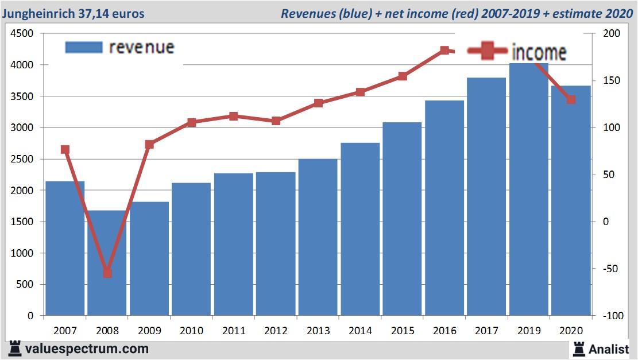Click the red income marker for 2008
point(107,273)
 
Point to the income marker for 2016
point(444,51)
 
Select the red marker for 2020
point(571,100)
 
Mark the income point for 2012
point(276,121)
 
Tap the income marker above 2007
point(65,150)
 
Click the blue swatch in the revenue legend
point(83,47)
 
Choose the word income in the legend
point(539,53)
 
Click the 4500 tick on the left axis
point(23,34)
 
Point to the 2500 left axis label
point(23,159)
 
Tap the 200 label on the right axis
point(611,34)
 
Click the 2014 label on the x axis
point(360,331)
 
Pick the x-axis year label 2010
point(191,331)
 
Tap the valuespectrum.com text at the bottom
point(86,349)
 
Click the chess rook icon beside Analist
point(578,349)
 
